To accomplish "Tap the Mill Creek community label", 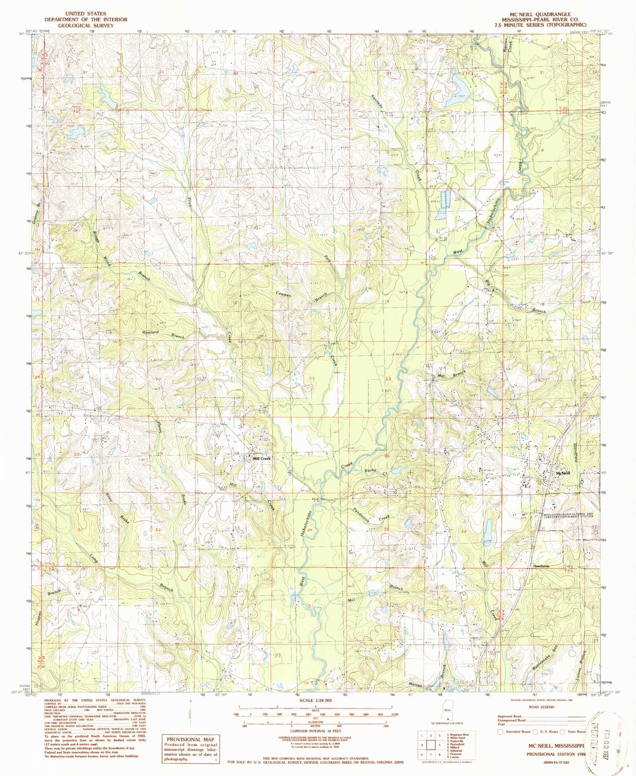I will click(261, 458).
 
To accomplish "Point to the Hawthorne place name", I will click(541, 566).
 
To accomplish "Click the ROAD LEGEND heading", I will click(542, 707).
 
